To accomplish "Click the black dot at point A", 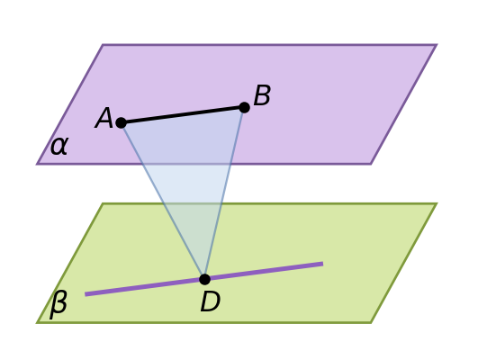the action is tap(122, 123).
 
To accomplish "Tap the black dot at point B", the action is tap(245, 107).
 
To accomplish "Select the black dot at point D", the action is tap(204, 279).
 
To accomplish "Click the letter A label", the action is tap(104, 118).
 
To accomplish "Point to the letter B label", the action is tap(262, 95).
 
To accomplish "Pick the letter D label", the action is tap(211, 301).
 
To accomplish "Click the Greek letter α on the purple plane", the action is tap(59, 146).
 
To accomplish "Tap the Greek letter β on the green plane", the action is tap(59, 304).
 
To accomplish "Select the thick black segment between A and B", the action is tap(183, 115).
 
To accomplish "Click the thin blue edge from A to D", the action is tap(163, 201).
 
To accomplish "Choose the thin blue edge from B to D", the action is tap(224, 193).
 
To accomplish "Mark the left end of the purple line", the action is tap(86, 294).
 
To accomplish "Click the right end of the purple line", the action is tap(322, 264).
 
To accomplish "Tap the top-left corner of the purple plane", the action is tap(103, 45).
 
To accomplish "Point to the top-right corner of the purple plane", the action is tap(437, 45).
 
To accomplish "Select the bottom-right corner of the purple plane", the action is tap(371, 164).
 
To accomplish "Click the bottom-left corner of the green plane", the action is tap(37, 322).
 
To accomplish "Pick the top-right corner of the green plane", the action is tap(437, 203).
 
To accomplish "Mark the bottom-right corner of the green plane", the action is tap(371, 322).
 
